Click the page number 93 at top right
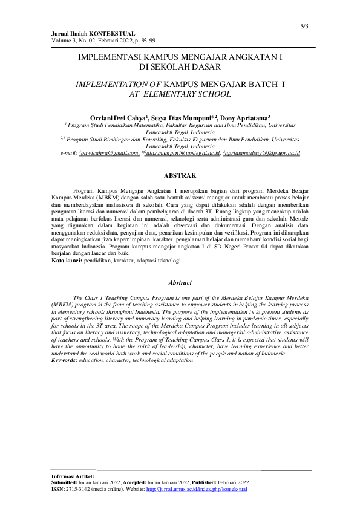click(x=304, y=25)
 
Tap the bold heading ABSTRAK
click(x=180, y=175)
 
